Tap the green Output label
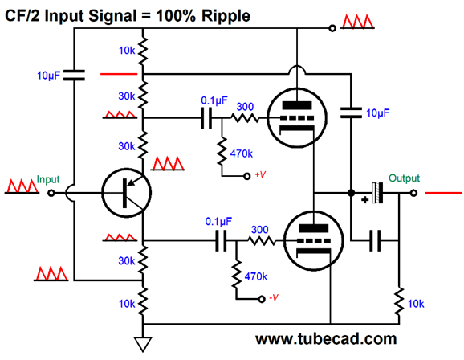pos(404,178)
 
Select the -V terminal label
pos(273,297)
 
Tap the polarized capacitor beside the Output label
pos(376,193)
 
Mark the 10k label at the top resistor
pos(124,50)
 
